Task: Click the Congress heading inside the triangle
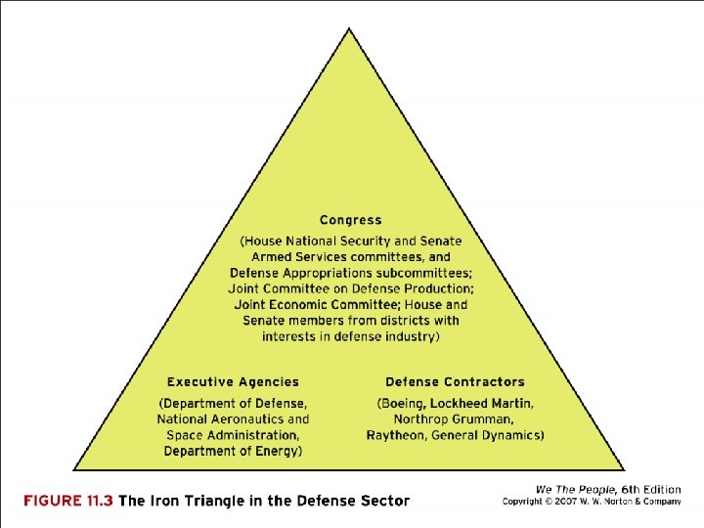click(350, 220)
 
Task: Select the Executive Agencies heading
click(233, 382)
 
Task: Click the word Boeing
click(404, 404)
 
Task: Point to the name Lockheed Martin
click(483, 404)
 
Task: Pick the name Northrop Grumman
click(456, 419)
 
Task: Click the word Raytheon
click(398, 435)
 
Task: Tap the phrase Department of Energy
click(233, 451)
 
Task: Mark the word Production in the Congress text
click(439, 288)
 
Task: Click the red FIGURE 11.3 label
click(68, 501)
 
